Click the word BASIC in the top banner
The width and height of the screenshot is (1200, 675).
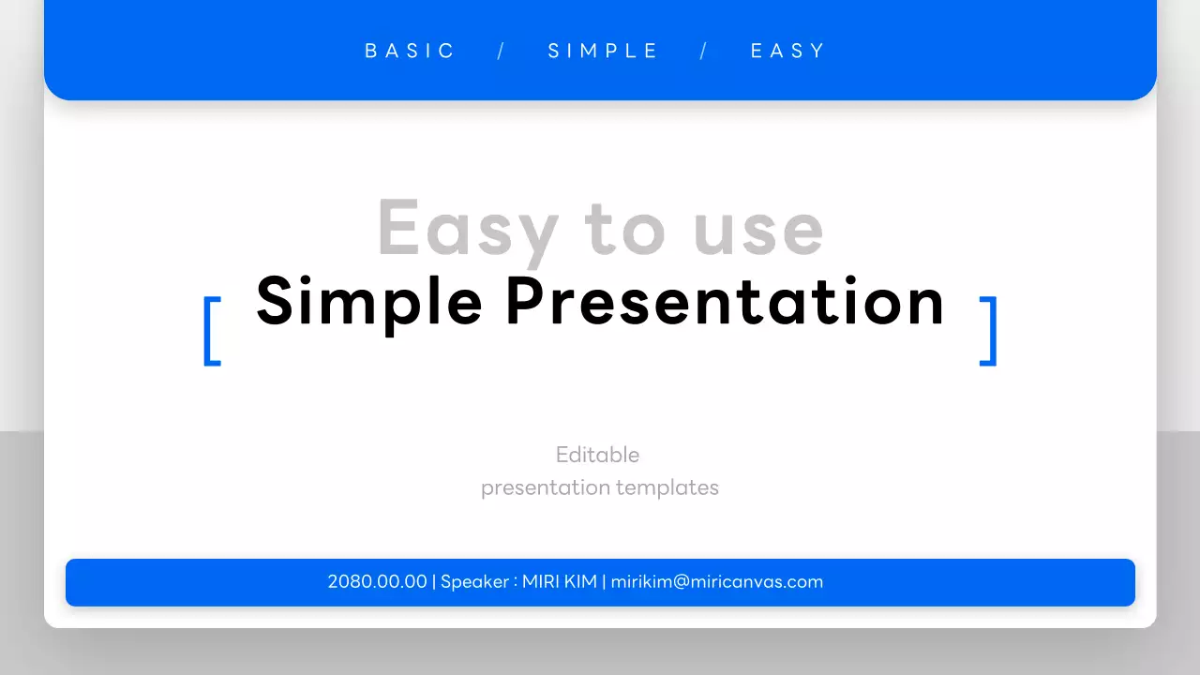tap(410, 51)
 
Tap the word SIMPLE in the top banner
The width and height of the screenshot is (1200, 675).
tap(604, 51)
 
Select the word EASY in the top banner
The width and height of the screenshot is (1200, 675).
tap(787, 51)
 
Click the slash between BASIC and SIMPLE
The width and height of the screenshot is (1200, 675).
tap(502, 51)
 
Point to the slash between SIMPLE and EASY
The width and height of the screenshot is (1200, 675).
tap(704, 51)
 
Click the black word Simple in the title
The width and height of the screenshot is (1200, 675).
tap(368, 303)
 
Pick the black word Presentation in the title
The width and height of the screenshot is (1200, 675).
tap(725, 303)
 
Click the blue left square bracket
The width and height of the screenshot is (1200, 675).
tap(212, 331)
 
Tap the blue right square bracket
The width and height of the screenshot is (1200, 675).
tap(988, 331)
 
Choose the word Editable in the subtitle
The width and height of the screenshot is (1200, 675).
tap(597, 455)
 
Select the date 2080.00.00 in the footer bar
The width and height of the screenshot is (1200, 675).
tap(377, 582)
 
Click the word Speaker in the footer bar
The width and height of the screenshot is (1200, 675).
tap(474, 582)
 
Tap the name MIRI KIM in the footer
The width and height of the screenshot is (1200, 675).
tap(559, 582)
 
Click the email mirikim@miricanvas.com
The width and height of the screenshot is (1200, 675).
tap(717, 582)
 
